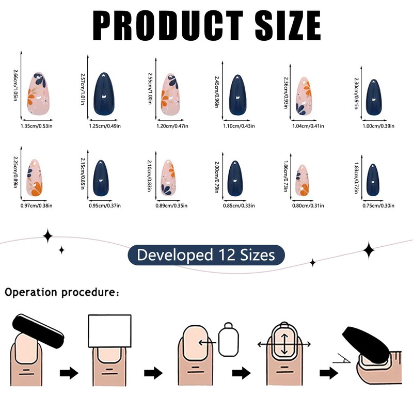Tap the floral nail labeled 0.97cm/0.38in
[34, 178]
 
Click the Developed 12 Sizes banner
[206, 255]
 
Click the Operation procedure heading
[62, 293]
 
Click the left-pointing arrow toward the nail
[208, 341]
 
